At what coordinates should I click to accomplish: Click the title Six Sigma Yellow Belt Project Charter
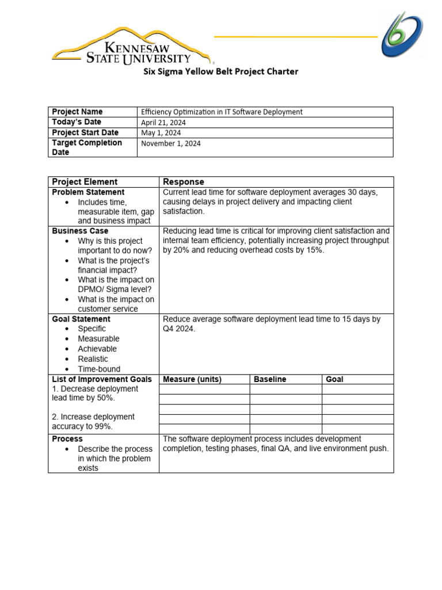pyautogui.click(x=221, y=72)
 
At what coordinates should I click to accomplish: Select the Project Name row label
pyautogui.click(x=77, y=112)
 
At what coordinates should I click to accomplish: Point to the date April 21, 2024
pyautogui.click(x=163, y=123)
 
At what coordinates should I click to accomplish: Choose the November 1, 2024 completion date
pyautogui.click(x=171, y=143)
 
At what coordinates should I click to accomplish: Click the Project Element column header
pyautogui.click(x=85, y=182)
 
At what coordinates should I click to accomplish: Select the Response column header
pyautogui.click(x=184, y=182)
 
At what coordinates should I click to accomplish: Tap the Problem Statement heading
pyautogui.click(x=88, y=192)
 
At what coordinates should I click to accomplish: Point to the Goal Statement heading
pyautogui.click(x=81, y=319)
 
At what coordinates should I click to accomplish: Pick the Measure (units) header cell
pyautogui.click(x=192, y=379)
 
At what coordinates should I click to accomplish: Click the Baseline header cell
pyautogui.click(x=270, y=379)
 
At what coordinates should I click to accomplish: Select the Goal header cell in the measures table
pyautogui.click(x=334, y=379)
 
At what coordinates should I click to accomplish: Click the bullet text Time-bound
pyautogui.click(x=99, y=369)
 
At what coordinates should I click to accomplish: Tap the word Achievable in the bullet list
pyautogui.click(x=97, y=349)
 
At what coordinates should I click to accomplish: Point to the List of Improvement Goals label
pyautogui.click(x=102, y=379)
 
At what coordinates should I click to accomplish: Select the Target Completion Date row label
pyautogui.click(x=87, y=147)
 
